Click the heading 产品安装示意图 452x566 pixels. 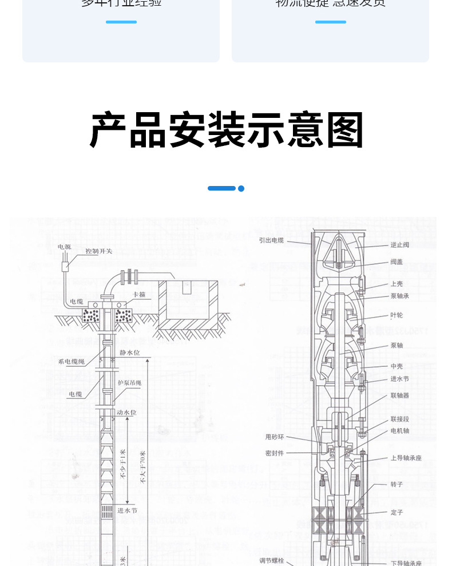[x=227, y=130]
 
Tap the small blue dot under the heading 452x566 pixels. [x=241, y=188]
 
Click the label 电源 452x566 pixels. [x=64, y=247]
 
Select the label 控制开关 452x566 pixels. [x=98, y=251]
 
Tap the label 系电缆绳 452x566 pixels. [x=71, y=362]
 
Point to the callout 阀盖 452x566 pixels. [x=397, y=262]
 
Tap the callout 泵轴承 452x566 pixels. [x=399, y=296]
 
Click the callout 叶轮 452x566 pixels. [x=397, y=315]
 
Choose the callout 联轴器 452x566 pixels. [x=399, y=395]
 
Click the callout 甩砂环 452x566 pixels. [x=275, y=437]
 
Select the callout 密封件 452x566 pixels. [x=275, y=453]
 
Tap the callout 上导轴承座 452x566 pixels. [x=406, y=458]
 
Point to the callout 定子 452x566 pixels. [x=397, y=512]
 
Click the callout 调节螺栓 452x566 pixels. [x=272, y=560]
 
